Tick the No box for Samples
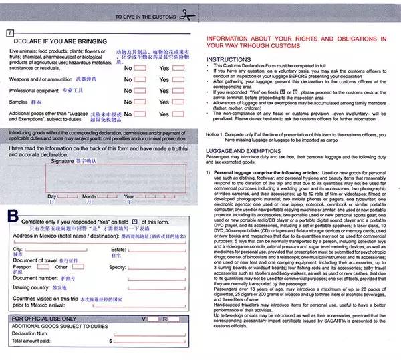[140, 102]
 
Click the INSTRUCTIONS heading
[227, 59]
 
